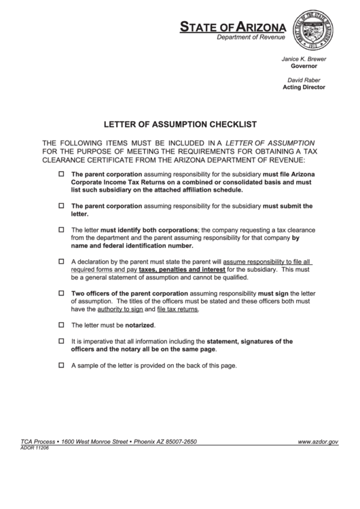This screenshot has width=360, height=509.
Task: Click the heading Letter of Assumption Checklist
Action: [x=179, y=124]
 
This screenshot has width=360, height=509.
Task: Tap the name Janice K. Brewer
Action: [x=304, y=59]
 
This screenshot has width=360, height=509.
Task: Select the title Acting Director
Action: [x=304, y=87]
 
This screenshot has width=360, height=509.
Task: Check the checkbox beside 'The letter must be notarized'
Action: [x=61, y=325]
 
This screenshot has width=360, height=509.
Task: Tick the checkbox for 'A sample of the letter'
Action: [x=61, y=365]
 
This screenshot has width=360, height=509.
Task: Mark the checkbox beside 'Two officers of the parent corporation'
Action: [x=61, y=293]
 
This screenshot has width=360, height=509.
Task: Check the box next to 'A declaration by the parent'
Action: [x=61, y=261]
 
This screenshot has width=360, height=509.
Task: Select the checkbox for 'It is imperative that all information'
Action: [x=61, y=340]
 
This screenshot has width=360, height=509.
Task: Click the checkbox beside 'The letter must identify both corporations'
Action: [x=61, y=229]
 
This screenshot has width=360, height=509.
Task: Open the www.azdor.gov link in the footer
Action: [x=318, y=442]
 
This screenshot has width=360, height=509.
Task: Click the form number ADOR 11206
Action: [x=35, y=448]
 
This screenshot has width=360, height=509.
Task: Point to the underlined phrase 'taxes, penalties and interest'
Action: [x=171, y=269]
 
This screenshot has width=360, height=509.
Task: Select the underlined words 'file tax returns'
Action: [x=177, y=309]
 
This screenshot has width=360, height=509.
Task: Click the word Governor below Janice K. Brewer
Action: [x=304, y=67]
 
